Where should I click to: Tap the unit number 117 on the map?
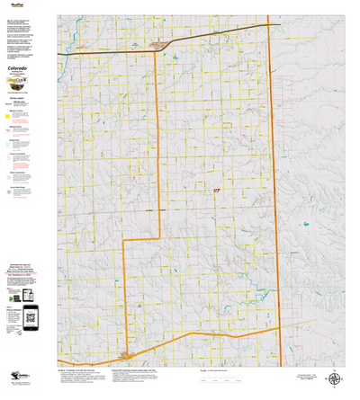(x=216, y=191)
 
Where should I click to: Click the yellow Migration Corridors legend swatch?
(x=8, y=115)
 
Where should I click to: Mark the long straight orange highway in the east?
(x=276, y=180)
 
